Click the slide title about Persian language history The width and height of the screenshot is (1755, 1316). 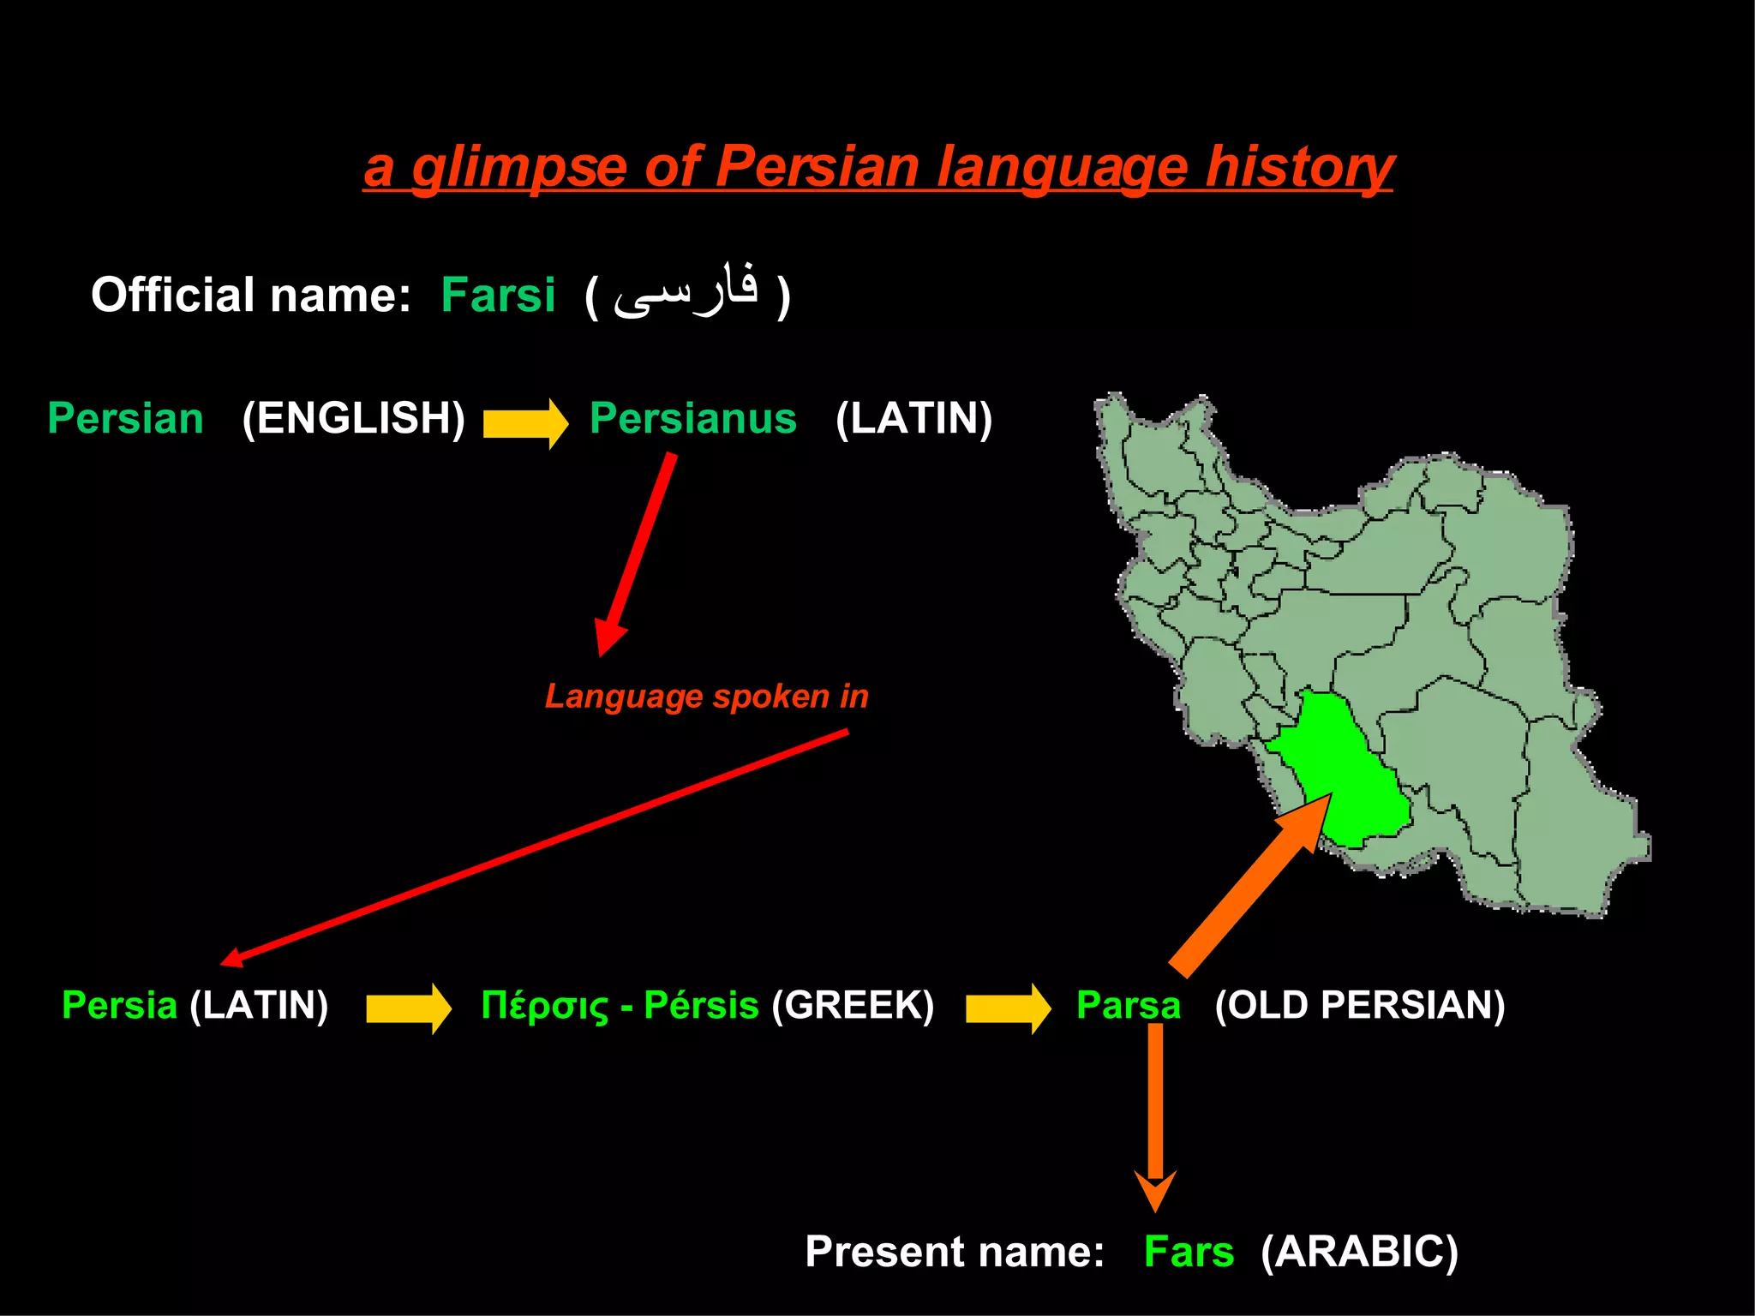pyautogui.click(x=878, y=166)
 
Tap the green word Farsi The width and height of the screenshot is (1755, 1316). pyautogui.click(x=498, y=295)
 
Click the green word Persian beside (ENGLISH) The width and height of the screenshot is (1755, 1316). pyautogui.click(x=125, y=418)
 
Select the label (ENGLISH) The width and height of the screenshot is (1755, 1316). pyautogui.click(x=353, y=418)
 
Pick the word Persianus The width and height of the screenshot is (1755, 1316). pyautogui.click(x=692, y=418)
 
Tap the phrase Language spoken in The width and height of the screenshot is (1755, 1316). pyautogui.click(x=706, y=696)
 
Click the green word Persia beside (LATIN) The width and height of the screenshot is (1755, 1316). pyautogui.click(x=119, y=1005)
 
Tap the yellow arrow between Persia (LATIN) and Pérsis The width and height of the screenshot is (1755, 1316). pyautogui.click(x=408, y=1008)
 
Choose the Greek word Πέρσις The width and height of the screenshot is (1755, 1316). pyautogui.click(x=544, y=1006)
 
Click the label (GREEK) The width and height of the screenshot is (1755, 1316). pyautogui.click(x=853, y=1005)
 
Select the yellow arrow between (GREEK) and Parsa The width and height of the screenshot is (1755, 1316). pyautogui.click(x=1007, y=1008)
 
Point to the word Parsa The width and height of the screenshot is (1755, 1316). pyautogui.click(x=1128, y=1005)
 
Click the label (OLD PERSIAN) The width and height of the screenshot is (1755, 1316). pyautogui.click(x=1359, y=1005)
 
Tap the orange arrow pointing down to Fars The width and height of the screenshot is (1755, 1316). pyautogui.click(x=1155, y=1114)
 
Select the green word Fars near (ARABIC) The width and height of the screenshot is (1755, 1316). pyautogui.click(x=1189, y=1252)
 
